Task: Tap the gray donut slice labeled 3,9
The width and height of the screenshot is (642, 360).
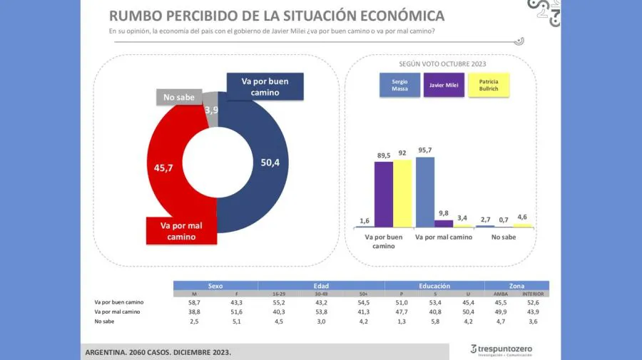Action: pos(211,110)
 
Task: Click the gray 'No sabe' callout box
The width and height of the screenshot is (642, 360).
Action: pos(178,98)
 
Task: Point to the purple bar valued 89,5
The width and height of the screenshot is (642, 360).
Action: pos(383,194)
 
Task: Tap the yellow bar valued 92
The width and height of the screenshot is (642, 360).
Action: pos(402,193)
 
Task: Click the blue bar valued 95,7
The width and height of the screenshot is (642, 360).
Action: pos(424,192)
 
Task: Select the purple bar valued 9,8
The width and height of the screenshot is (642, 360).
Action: pos(444,223)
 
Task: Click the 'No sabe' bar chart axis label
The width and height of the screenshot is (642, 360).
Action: pos(504,237)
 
